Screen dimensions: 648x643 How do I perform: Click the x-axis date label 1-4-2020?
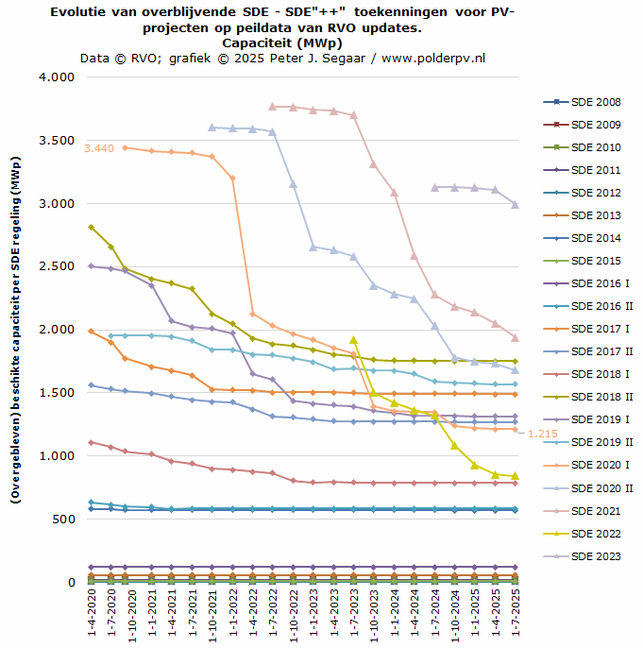point(92,615)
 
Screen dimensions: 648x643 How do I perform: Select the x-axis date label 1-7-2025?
point(516,615)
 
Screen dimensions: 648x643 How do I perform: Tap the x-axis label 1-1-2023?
point(313,615)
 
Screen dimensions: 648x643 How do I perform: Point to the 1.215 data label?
point(543,434)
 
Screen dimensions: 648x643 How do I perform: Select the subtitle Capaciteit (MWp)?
point(283,43)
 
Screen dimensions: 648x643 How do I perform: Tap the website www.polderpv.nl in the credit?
point(433,58)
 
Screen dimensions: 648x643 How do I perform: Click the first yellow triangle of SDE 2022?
point(354,340)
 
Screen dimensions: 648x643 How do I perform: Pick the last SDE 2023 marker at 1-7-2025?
point(516,204)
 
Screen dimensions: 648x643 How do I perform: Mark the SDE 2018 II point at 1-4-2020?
point(92,227)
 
